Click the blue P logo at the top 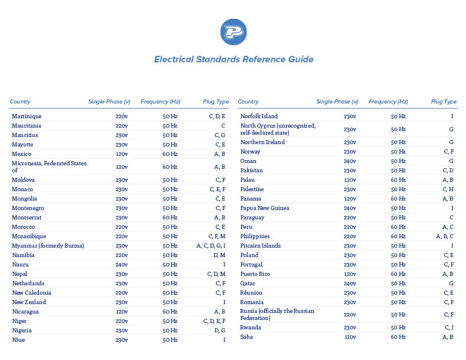tap(233, 32)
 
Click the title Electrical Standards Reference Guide tap(234, 59)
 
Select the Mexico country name tap(22, 154)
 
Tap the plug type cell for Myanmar tap(211, 246)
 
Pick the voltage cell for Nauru tap(122, 265)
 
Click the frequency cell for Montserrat tap(170, 218)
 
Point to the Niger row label tap(19, 321)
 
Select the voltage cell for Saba tap(349, 337)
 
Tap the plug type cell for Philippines tap(445, 236)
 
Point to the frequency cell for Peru tap(398, 227)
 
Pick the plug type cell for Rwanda tap(449, 328)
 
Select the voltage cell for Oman tap(349, 161)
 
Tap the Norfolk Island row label tap(259, 116)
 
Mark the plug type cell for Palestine tap(448, 189)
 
